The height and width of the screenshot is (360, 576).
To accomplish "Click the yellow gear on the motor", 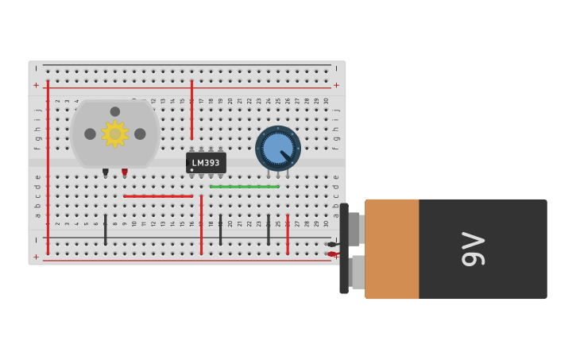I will coord(115,134).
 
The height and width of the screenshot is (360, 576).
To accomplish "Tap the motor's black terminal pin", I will coord(105,171).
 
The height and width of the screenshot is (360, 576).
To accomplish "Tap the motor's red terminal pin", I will coord(124,171).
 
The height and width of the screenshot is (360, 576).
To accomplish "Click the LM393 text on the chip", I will coord(206,163).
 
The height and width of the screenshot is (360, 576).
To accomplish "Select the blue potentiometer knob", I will coord(278,148).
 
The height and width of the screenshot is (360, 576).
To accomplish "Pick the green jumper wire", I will coord(245,187).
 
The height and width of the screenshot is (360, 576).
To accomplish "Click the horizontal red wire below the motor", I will coord(157,195).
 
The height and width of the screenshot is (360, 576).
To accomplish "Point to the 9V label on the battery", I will coord(474,249).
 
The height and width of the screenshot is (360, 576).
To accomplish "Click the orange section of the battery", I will coord(392,249).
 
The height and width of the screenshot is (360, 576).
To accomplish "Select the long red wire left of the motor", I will coord(48,167).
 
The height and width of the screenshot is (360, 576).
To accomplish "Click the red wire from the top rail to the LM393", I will coord(191,110).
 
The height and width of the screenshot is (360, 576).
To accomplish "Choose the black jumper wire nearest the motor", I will coord(105,229).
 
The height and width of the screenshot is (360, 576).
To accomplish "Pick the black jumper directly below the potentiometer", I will coord(269,229).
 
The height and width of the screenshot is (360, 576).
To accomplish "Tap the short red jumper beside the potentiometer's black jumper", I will coord(288,234).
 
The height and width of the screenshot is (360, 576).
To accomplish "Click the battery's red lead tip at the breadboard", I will coord(331,254).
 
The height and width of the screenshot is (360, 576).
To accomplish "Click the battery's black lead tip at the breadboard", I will coord(331,244).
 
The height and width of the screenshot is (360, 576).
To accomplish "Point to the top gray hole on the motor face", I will coord(115,112).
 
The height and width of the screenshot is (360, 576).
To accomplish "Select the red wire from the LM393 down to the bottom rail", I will coord(201,224).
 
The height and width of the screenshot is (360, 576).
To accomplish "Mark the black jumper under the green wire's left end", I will coord(220,229).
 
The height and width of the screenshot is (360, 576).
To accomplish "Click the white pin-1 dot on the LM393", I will coord(191,169).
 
